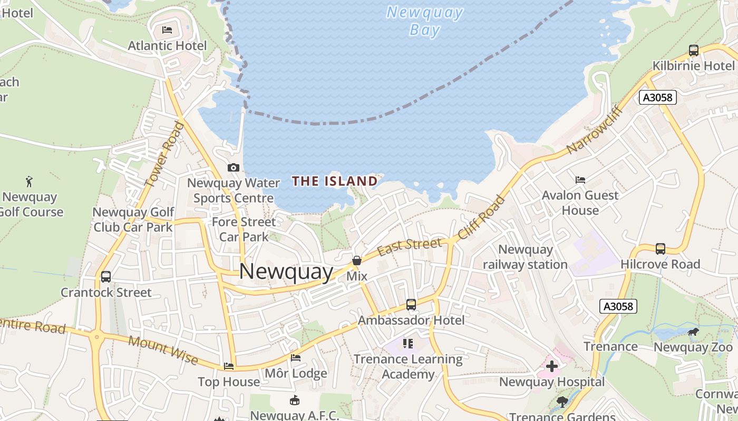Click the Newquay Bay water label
pyautogui.click(x=424, y=21)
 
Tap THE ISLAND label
pyautogui.click(x=335, y=182)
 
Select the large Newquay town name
pyautogui.click(x=286, y=272)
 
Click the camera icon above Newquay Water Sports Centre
pyautogui.click(x=233, y=167)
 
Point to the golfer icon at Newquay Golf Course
pyautogui.click(x=29, y=182)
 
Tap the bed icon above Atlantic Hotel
pyautogui.click(x=167, y=30)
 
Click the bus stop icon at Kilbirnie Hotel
pyautogui.click(x=693, y=51)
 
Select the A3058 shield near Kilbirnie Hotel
pyautogui.click(x=658, y=97)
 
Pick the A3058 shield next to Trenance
pyautogui.click(x=618, y=306)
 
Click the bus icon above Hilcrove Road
pyautogui.click(x=660, y=248)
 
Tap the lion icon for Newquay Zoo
pyautogui.click(x=693, y=332)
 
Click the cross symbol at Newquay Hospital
pyautogui.click(x=551, y=366)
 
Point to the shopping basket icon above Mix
pyautogui.click(x=357, y=260)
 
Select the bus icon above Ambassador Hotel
pyautogui.click(x=411, y=305)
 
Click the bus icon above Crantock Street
pyautogui.click(x=105, y=277)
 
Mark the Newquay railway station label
pyautogui.click(x=525, y=257)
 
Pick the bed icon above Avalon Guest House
pyautogui.click(x=580, y=180)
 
